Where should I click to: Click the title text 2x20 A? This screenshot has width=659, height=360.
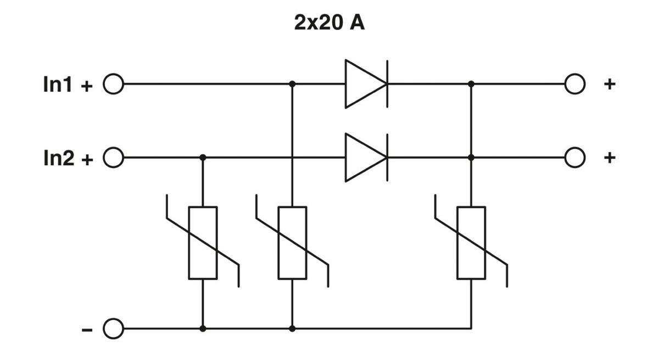pyautogui.click(x=329, y=25)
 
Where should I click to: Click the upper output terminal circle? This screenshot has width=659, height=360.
pyautogui.click(x=574, y=85)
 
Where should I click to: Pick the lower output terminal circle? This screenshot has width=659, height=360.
pyautogui.click(x=574, y=157)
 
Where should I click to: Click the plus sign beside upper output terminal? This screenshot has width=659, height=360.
pyautogui.click(x=610, y=85)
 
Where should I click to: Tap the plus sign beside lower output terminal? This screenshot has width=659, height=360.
pyautogui.click(x=610, y=157)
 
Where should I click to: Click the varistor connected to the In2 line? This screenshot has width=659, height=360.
pyautogui.click(x=203, y=243)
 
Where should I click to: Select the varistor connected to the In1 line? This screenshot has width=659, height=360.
pyautogui.click(x=292, y=243)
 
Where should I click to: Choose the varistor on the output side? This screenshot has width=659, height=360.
pyautogui.click(x=471, y=243)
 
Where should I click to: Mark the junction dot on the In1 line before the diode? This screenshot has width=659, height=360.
pyautogui.click(x=292, y=85)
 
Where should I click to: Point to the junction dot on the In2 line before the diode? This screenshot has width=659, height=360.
pyautogui.click(x=203, y=157)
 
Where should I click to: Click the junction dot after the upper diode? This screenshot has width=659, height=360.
pyautogui.click(x=471, y=85)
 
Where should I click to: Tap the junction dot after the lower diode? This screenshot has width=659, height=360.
pyautogui.click(x=471, y=157)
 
